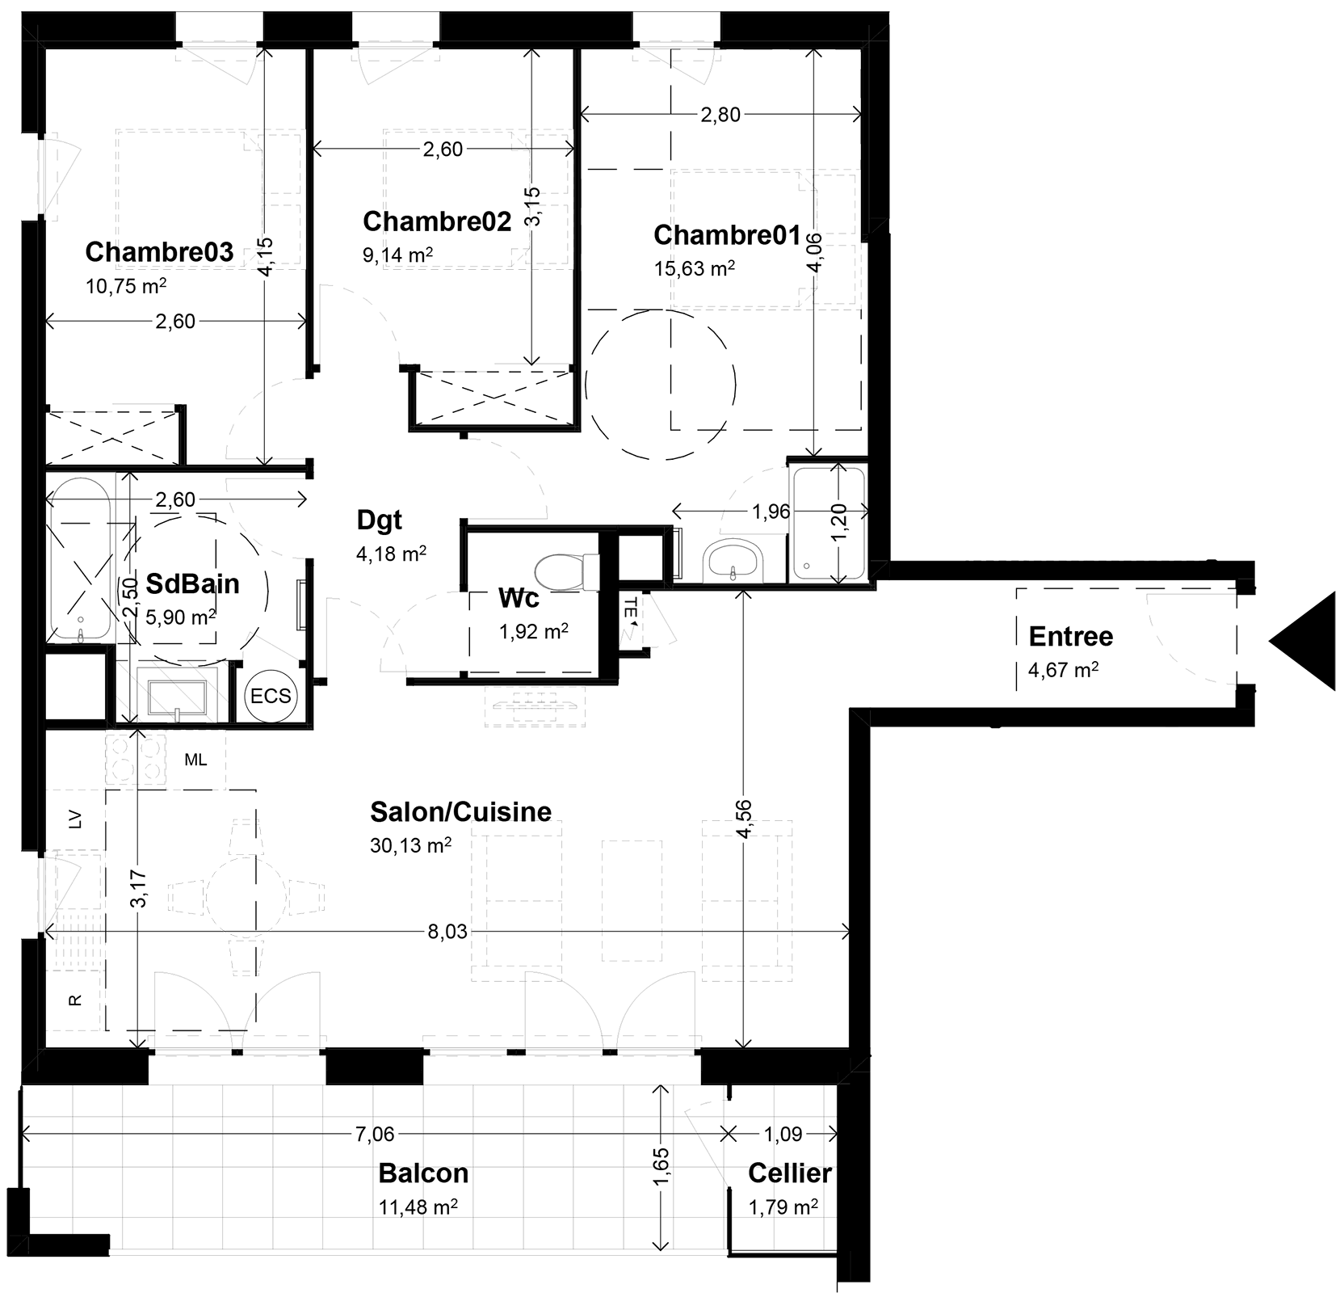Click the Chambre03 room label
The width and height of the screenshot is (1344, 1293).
[159, 252]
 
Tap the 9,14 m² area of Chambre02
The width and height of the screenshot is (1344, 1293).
[397, 255]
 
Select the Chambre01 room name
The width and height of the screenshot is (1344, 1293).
[727, 235]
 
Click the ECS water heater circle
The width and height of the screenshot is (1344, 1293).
[271, 695]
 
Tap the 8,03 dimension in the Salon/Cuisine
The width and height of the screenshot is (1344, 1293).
[447, 932]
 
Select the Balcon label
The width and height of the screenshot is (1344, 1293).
[423, 1173]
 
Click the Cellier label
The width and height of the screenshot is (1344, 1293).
[790, 1173]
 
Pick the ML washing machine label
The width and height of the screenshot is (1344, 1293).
[195, 760]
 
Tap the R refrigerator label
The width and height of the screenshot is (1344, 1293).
[76, 1000]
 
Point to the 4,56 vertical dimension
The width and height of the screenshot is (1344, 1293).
[744, 819]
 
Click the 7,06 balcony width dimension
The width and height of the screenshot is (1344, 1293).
[375, 1135]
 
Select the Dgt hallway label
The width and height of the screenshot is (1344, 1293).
[380, 521]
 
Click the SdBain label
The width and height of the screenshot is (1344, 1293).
[192, 583]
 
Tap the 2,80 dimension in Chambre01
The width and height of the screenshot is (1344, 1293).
[720, 115]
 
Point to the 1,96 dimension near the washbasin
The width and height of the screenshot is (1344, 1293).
[771, 512]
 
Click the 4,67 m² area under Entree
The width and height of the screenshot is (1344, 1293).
[1064, 670]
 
